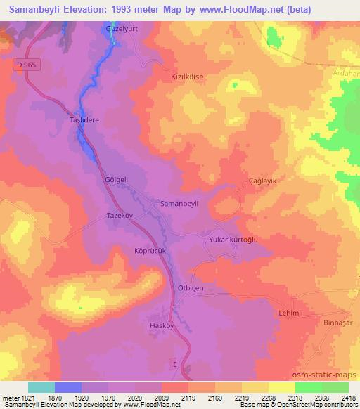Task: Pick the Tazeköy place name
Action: (x=120, y=216)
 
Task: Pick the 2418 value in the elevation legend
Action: (x=348, y=398)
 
